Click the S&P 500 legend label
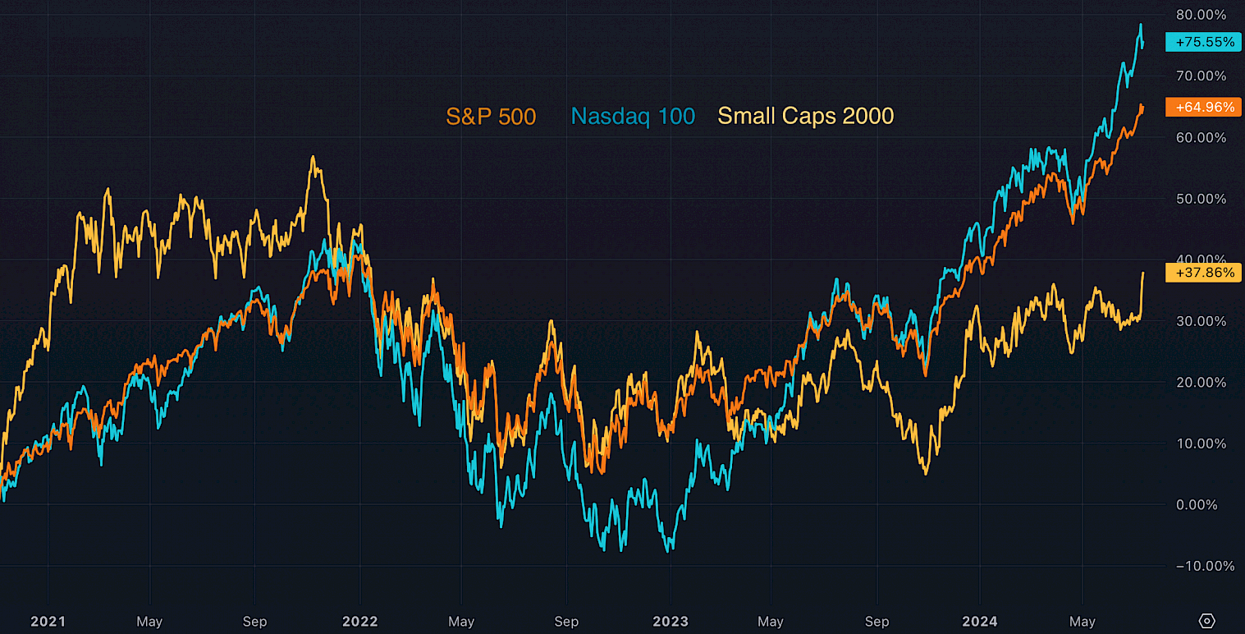pos(491,117)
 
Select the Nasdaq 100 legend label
pos(633,117)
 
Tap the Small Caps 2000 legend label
pos(805,117)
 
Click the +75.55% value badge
pos(1204,42)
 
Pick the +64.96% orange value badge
pos(1204,107)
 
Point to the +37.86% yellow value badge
pos(1204,272)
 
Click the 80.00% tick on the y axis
pos(1201,15)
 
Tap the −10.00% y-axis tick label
pos(1200,566)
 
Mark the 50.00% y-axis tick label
pos(1201,199)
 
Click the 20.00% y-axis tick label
pos(1201,382)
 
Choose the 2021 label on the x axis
pos(48,622)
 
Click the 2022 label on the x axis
pos(360,622)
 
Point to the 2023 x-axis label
pos(671,622)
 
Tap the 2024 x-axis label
pos(980,622)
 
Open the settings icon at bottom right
pos(1206,621)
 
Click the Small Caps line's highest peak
pos(313,157)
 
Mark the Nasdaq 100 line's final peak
pos(1140,25)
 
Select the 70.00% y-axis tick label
pos(1201,76)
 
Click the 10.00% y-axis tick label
pos(1201,443)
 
